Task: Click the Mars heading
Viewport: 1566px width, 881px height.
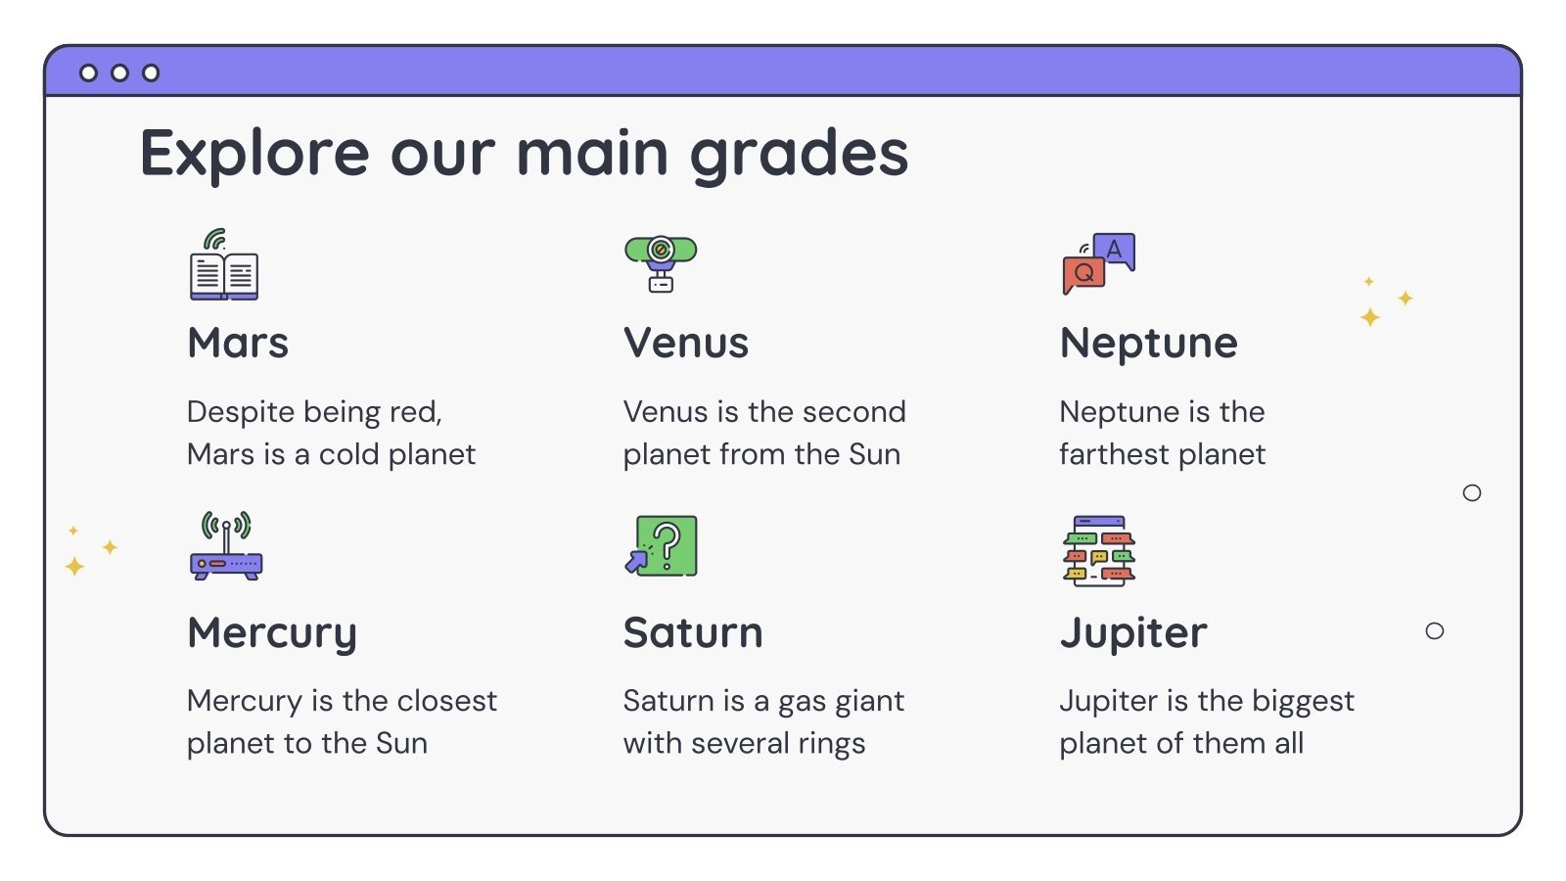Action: click(238, 344)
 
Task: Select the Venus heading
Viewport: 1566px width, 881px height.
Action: click(685, 344)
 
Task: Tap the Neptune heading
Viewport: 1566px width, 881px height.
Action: click(1148, 344)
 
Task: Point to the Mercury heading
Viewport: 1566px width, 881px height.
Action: click(272, 633)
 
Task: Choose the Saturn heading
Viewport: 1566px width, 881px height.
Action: click(693, 633)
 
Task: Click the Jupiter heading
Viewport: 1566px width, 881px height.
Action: click(1132, 633)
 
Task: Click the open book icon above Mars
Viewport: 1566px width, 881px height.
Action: click(224, 265)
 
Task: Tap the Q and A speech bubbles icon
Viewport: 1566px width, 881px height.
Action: click(1098, 263)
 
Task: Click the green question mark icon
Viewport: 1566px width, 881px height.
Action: click(662, 546)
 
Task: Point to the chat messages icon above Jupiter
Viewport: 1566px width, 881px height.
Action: click(1098, 550)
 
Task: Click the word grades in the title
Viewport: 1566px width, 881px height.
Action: click(799, 155)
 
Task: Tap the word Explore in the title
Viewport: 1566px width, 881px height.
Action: click(254, 155)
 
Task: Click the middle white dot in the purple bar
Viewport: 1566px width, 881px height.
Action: click(119, 72)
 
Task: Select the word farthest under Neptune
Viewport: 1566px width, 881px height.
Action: click(1114, 454)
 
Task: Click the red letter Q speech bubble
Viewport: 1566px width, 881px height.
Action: click(1083, 274)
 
